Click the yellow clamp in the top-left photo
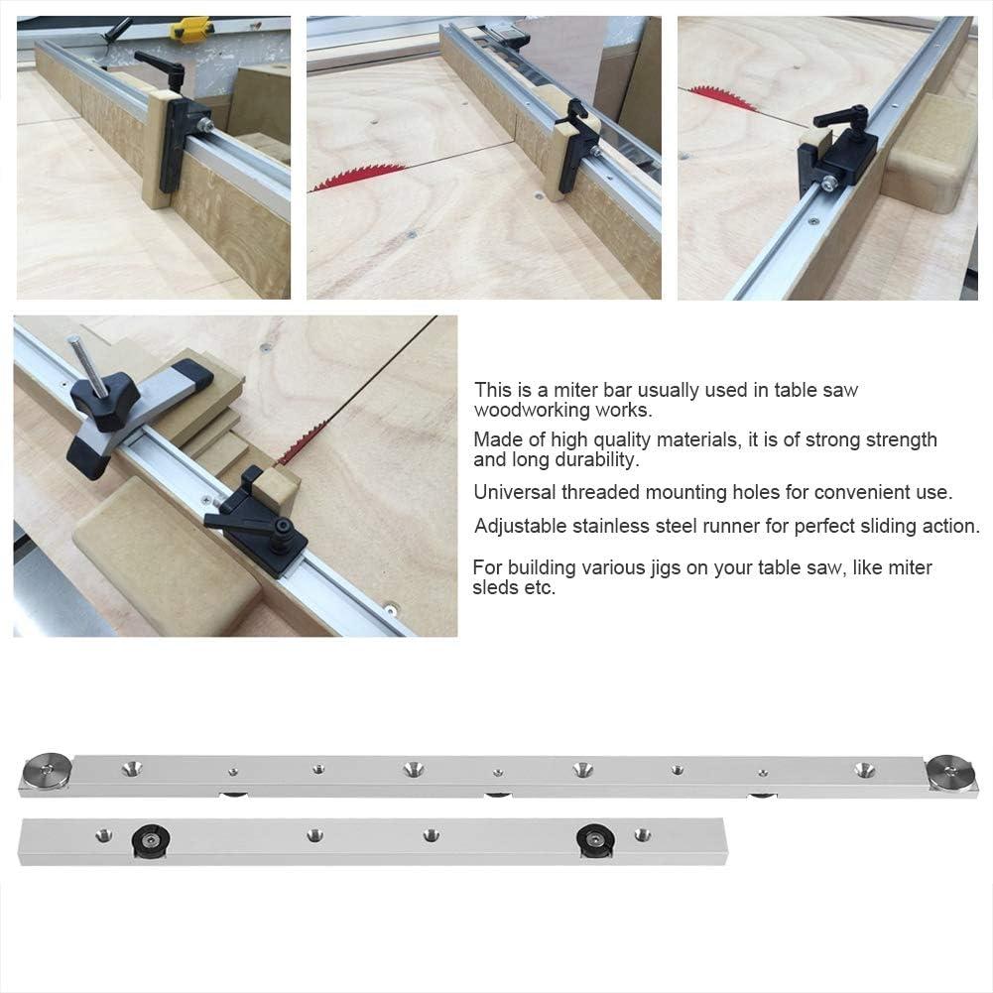[x=191, y=29]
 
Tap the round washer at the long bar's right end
[x=949, y=774]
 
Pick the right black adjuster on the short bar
[x=595, y=840]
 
